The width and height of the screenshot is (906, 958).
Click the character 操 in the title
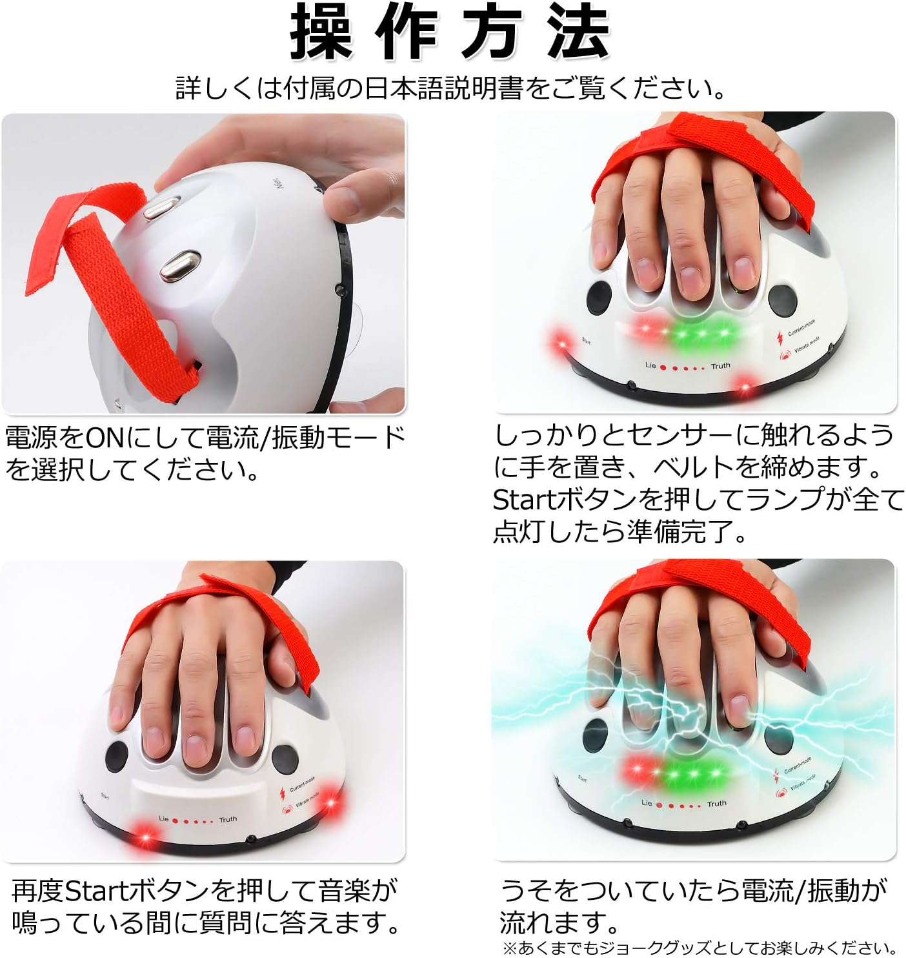coord(321,32)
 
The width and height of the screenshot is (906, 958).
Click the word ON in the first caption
coord(105,438)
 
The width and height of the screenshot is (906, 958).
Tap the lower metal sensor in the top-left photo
coord(181,265)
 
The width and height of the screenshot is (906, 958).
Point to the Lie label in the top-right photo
coord(650,365)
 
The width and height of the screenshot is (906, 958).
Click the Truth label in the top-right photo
coord(720,366)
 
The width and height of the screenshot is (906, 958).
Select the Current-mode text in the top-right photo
coord(801,328)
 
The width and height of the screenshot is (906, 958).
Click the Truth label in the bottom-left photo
coord(228,819)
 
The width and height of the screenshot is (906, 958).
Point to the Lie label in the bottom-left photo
coord(163,819)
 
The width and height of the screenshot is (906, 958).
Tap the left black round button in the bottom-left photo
coord(117,754)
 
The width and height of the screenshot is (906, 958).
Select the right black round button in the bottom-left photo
coord(284,757)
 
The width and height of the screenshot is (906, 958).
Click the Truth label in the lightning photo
coord(716,804)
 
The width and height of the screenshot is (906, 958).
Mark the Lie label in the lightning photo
coord(647,802)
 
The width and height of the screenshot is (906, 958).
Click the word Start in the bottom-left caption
coord(97,892)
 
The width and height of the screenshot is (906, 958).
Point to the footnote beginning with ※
coord(699,948)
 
